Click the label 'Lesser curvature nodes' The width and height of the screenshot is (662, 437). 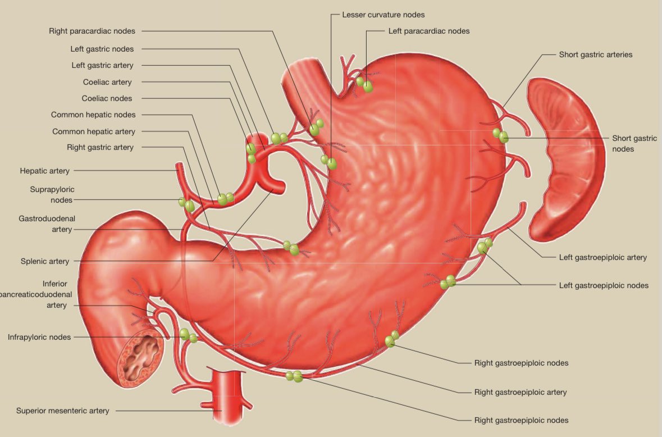[x=383, y=15]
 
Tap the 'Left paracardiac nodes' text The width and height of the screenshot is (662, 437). [x=429, y=31]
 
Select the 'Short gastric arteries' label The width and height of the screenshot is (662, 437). [x=596, y=54]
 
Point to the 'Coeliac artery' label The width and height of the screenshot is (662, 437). [x=107, y=82]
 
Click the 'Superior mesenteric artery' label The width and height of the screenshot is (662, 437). [x=63, y=411]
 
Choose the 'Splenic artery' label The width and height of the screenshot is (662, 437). [x=45, y=261]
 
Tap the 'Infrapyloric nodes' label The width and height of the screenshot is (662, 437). [x=39, y=338]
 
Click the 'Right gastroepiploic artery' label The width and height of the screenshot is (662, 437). [x=521, y=392]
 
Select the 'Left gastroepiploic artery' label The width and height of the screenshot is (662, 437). [x=603, y=257]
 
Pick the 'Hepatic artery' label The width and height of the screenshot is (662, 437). [x=45, y=170]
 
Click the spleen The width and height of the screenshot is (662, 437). [x=564, y=160]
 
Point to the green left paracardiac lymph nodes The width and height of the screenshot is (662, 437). [x=365, y=85]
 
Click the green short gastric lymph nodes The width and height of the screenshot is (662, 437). [x=500, y=135]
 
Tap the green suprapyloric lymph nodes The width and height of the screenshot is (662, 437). [x=187, y=204]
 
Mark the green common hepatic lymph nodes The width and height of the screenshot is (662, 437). [x=226, y=198]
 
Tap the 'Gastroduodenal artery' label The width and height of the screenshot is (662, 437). [x=47, y=224]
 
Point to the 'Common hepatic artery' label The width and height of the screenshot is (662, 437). [x=94, y=131]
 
